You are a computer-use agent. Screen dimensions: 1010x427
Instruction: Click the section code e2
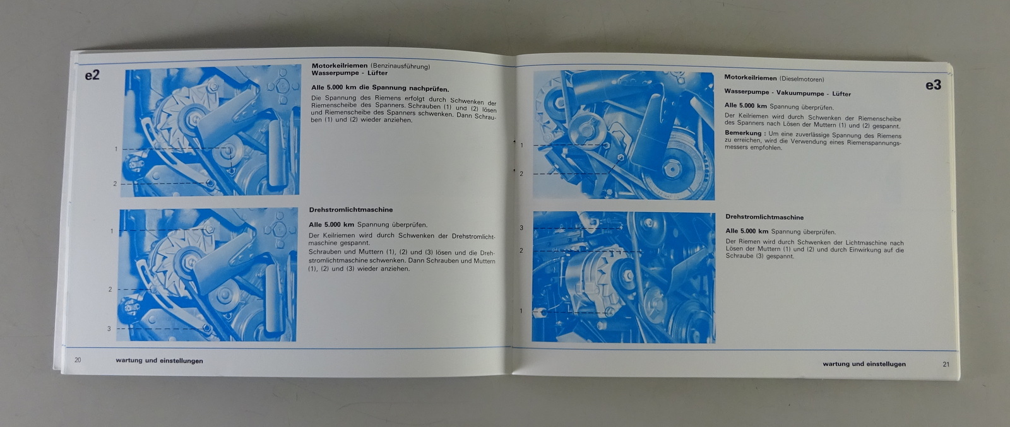coord(92,75)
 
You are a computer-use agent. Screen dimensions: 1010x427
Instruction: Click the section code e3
coord(933,85)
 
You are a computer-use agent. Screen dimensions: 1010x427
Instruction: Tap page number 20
coord(78,360)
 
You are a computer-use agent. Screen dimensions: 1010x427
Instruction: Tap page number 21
coord(946,364)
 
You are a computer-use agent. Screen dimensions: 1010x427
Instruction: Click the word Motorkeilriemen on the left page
coord(340,66)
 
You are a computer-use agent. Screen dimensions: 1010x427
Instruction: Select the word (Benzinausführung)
coord(400,67)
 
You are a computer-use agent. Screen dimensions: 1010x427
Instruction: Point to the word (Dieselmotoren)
coord(802,79)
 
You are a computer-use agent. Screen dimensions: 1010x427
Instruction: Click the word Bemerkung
coord(744,133)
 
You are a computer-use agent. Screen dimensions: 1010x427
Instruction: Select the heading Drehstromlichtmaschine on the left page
coord(351,210)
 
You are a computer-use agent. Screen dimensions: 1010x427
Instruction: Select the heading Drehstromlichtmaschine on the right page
coord(764,217)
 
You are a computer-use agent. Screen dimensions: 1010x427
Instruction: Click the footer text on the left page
coord(159,361)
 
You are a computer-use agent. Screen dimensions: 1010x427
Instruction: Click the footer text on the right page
coord(864,364)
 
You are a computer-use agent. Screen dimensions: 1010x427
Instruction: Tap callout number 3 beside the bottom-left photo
coord(109,329)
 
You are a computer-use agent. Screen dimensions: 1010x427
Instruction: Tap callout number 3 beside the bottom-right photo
coord(521,228)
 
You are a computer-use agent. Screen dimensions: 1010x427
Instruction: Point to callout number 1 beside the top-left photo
coord(116,149)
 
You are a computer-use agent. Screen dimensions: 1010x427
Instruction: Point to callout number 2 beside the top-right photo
coord(521,174)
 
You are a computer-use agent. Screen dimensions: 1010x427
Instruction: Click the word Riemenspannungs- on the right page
coord(872,143)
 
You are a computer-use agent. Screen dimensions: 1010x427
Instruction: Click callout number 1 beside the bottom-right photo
coord(521,311)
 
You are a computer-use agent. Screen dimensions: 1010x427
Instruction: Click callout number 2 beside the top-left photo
coord(115,184)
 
